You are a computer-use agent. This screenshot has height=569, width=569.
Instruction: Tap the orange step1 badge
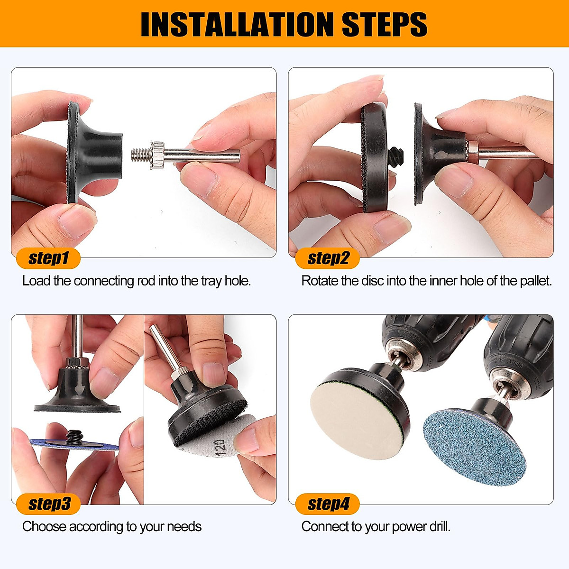click(x=48, y=258)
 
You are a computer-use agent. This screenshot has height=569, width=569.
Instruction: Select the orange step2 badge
click(x=328, y=258)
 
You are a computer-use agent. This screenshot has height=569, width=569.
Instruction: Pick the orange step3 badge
click(x=48, y=504)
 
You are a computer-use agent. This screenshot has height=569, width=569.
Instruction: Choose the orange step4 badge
click(x=328, y=504)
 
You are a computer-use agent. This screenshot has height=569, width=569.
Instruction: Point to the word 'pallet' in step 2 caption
click(x=535, y=281)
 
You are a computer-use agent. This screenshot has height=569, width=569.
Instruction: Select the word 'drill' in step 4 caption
click(x=439, y=526)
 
